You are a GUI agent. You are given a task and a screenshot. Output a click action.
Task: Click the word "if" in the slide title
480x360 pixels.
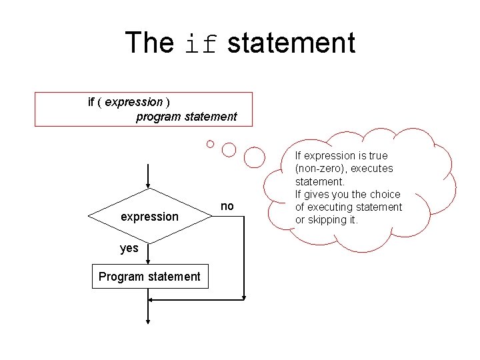[x=201, y=44]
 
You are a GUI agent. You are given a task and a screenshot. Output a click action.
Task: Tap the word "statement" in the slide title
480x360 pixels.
[x=291, y=43]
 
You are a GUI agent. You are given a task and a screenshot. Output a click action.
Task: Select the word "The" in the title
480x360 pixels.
[x=149, y=43]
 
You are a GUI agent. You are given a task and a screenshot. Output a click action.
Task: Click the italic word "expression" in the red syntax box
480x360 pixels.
[x=133, y=102]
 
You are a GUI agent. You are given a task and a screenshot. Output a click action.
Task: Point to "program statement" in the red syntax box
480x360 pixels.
[x=186, y=117]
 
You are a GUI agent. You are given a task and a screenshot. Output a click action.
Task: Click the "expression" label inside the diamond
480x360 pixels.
[x=149, y=217]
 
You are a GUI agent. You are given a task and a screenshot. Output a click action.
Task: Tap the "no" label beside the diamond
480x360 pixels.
[x=227, y=206]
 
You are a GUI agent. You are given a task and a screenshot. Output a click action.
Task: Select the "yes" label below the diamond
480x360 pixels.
[x=129, y=248]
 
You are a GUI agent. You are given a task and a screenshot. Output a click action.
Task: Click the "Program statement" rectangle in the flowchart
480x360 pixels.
[x=149, y=276]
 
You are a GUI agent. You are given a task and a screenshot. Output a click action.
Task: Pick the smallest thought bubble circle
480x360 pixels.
[x=210, y=143]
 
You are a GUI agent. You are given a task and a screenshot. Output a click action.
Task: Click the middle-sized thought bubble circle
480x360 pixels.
[x=229, y=149]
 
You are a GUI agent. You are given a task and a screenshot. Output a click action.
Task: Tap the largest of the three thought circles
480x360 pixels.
[x=255, y=157]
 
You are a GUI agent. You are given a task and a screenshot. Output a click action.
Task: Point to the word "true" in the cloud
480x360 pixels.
[x=377, y=156]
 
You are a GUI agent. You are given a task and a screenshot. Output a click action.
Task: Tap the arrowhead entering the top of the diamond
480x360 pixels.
[x=147, y=185]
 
